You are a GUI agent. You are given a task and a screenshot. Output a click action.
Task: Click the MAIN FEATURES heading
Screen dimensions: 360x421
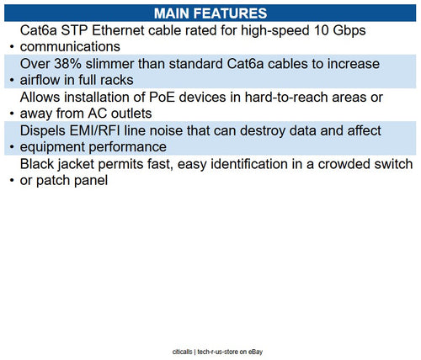tap(210, 13)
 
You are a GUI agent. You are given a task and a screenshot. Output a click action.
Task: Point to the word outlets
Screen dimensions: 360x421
tap(130, 114)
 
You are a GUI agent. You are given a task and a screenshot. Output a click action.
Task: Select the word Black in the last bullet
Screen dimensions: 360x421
tap(39, 163)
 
